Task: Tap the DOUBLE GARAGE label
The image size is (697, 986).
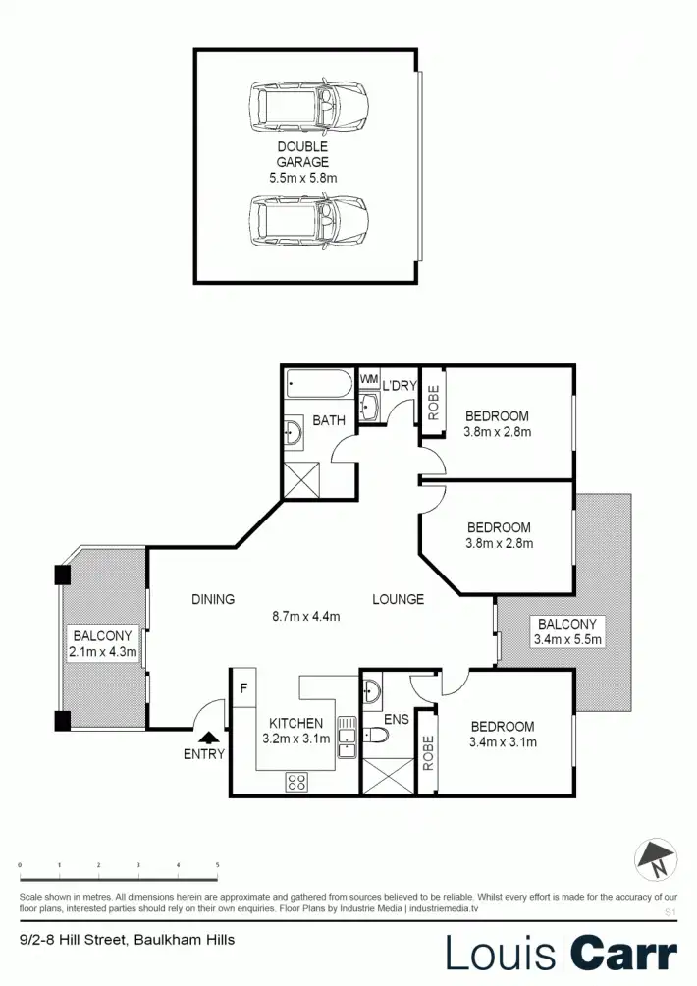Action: coord(302,154)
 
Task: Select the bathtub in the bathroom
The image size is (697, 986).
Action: coord(318,384)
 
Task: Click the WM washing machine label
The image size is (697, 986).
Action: coord(369,379)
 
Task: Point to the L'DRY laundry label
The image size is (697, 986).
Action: coord(401,385)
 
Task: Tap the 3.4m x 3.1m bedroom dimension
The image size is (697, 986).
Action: coord(503,742)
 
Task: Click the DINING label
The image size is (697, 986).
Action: coord(213,599)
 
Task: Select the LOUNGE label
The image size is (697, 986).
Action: coord(398,599)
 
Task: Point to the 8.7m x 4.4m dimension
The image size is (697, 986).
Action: coord(305,617)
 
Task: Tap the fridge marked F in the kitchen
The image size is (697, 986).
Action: coord(243,687)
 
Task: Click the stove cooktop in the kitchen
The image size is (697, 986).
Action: coord(297,782)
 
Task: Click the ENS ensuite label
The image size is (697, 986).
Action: coord(396,720)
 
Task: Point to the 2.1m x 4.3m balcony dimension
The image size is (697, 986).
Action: coord(101,651)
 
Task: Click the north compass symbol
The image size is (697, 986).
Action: coord(655,860)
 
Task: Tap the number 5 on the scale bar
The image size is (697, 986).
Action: coord(217,864)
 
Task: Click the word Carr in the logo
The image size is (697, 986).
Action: coord(624,954)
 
